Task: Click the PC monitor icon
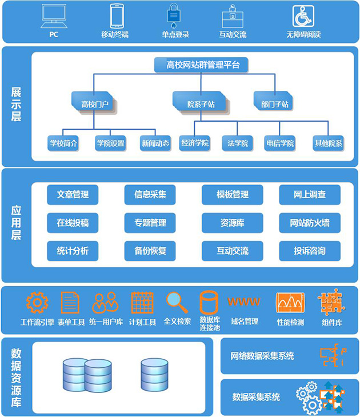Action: [54, 17]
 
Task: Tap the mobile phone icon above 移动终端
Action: [117, 17]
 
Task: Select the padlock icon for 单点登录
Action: [175, 17]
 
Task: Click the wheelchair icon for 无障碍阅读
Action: [303, 17]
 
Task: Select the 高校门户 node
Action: [94, 104]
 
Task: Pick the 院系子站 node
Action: [201, 104]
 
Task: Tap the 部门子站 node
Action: [275, 104]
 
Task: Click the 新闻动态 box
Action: [155, 143]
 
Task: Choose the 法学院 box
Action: [237, 143]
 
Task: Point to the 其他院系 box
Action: [328, 143]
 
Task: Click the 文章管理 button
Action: [73, 195]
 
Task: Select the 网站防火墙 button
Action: [310, 223]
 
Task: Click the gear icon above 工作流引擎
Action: [37, 302]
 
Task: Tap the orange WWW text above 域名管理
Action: [244, 302]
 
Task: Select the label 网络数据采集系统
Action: [262, 356]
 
